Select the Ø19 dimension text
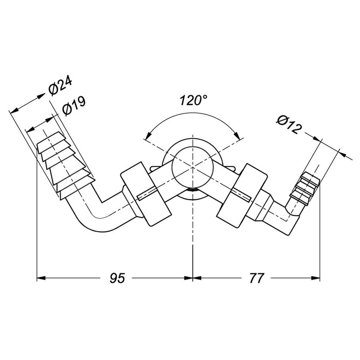click(x=74, y=105)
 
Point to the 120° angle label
click(x=193, y=100)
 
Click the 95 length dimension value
click(x=117, y=278)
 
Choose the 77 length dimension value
click(x=256, y=278)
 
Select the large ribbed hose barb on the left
click(x=65, y=165)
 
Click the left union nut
click(x=146, y=194)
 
